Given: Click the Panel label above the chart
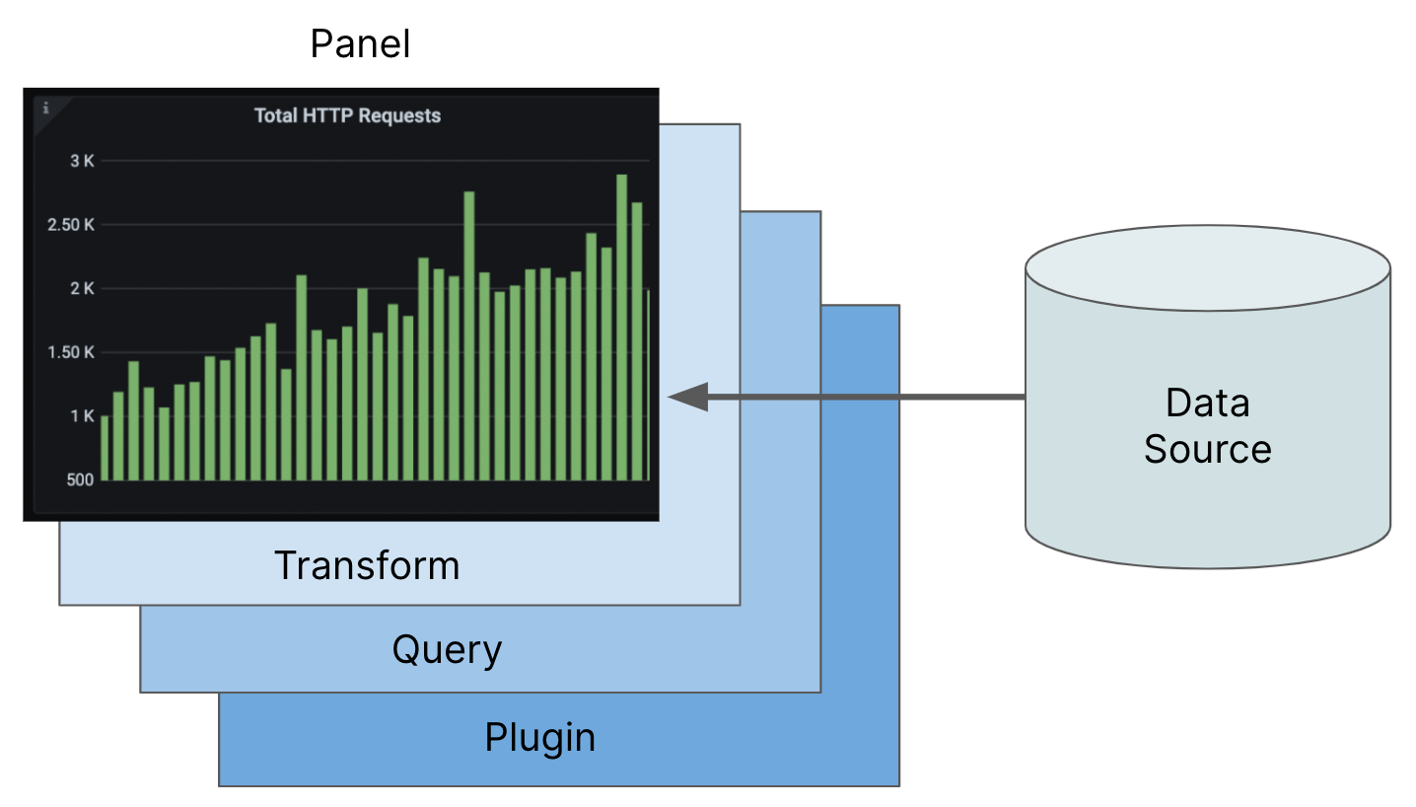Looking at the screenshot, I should pyautogui.click(x=360, y=43).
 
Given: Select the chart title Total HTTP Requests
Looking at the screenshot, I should pyautogui.click(x=347, y=115).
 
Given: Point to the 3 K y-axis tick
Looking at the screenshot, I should pyautogui.click(x=82, y=161).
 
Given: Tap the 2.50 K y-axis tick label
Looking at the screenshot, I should pyautogui.click(x=72, y=225).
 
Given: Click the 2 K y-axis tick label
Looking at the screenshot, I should pyautogui.click(x=82, y=289).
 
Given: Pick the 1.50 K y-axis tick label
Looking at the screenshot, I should pyautogui.click(x=72, y=352).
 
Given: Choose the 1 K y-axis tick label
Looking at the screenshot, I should pyautogui.click(x=82, y=416).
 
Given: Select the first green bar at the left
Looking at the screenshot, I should pyautogui.click(x=105, y=449).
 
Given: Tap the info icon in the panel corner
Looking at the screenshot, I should pyautogui.click(x=45, y=108).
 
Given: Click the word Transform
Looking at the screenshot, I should pyautogui.click(x=367, y=566).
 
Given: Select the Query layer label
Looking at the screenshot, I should pyautogui.click(x=447, y=650).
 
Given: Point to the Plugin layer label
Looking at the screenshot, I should pyautogui.click(x=539, y=737).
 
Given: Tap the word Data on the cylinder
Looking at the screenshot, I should pyautogui.click(x=1207, y=403).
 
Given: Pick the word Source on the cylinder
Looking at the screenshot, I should pyautogui.click(x=1207, y=449).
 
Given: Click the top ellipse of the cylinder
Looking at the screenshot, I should pyautogui.click(x=1207, y=267).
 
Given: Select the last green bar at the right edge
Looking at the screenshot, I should pyautogui.click(x=648, y=385).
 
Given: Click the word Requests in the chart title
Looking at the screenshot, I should pyautogui.click(x=399, y=115).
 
